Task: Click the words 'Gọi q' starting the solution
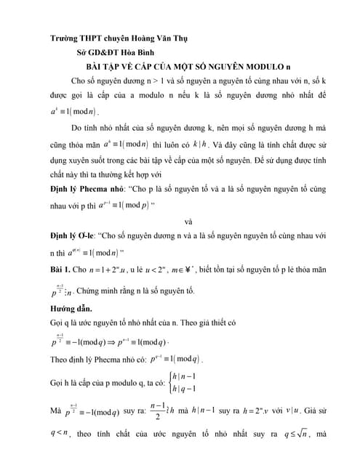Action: tap(60, 322)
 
